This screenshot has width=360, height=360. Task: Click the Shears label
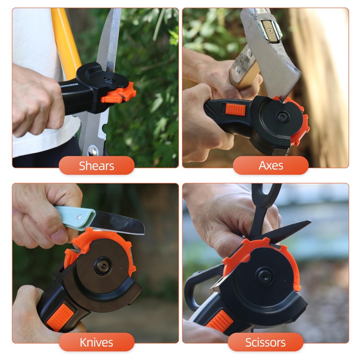click(96, 166)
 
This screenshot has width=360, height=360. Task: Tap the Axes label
click(270, 166)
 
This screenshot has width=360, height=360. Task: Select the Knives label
click(96, 342)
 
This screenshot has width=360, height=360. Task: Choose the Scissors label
click(265, 342)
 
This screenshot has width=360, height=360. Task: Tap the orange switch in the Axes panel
click(235, 109)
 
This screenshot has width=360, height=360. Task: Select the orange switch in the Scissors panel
click(220, 321)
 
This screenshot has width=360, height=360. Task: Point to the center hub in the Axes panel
click(282, 117)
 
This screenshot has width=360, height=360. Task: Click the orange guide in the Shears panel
click(119, 93)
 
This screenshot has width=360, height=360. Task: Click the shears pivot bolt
click(93, 150)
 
